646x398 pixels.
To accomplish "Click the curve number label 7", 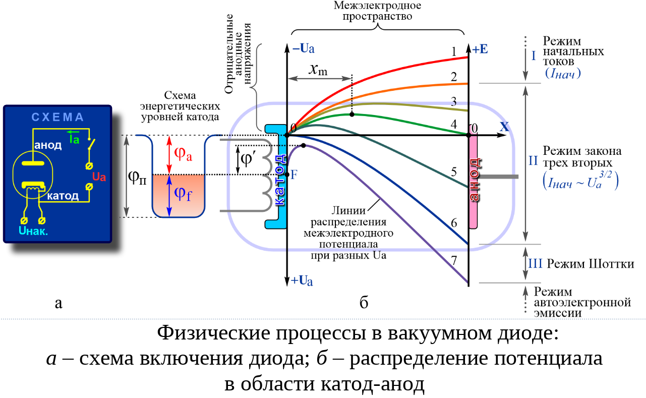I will click(x=454, y=260).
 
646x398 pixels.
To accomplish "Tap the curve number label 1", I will click(x=454, y=51).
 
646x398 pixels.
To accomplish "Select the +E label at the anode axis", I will click(x=480, y=49).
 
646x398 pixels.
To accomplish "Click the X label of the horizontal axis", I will click(x=504, y=127).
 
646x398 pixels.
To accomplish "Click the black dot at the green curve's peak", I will click(x=352, y=115).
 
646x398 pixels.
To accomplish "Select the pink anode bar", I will click(x=474, y=182).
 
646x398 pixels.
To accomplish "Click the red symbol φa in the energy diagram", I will click(x=183, y=154).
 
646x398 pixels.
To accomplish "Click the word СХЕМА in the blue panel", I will click(x=57, y=118).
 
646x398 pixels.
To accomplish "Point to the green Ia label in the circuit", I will click(x=74, y=138).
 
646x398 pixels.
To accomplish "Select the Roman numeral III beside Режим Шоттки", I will click(x=535, y=264).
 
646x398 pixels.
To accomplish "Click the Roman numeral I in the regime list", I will click(x=534, y=55).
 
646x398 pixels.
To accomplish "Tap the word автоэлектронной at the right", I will click(x=582, y=303).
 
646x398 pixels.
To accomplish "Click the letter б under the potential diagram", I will click(x=364, y=303).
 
